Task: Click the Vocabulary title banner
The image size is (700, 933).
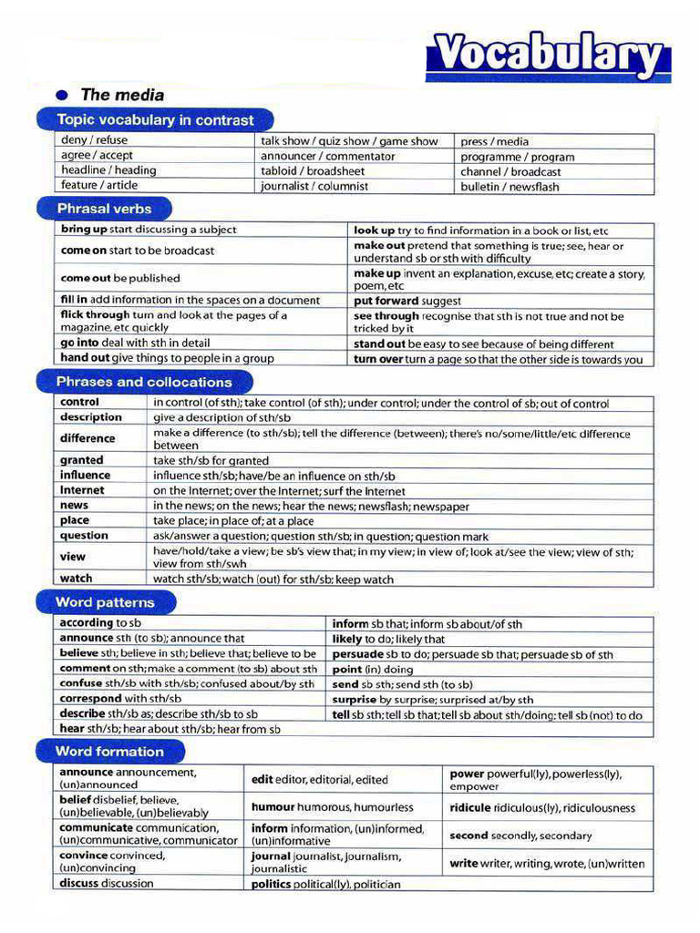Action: [548, 56]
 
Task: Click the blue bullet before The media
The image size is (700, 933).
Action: [62, 95]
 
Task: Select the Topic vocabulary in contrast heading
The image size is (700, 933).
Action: [155, 120]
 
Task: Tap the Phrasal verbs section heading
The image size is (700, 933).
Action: [104, 208]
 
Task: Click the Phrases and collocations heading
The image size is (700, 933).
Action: [144, 382]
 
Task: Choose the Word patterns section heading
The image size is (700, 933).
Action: [105, 602]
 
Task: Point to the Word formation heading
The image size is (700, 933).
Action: [109, 752]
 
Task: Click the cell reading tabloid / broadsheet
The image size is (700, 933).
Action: [313, 171]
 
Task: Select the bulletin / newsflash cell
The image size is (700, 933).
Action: [510, 187]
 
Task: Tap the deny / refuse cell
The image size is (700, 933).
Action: [94, 140]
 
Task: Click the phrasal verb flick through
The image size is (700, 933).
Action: [96, 315]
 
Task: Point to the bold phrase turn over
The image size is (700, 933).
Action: [378, 359]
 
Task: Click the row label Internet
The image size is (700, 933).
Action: [82, 490]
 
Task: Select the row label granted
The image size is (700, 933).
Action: [82, 460]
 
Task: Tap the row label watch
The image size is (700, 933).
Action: [77, 579]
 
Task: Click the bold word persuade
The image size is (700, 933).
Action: [357, 654]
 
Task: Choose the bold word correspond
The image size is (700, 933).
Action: [90, 699]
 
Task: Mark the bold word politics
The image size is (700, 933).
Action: [271, 884]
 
